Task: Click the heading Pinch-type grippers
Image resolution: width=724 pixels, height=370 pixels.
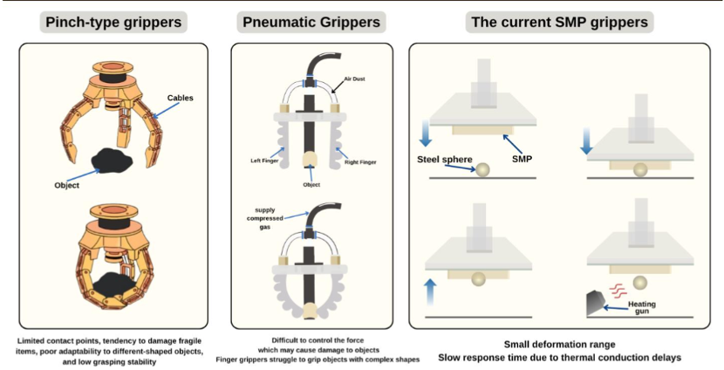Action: coord(113,22)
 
